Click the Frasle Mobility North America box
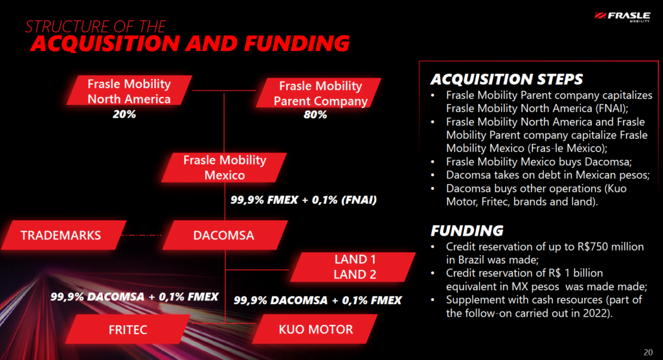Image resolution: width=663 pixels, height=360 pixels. [129, 90]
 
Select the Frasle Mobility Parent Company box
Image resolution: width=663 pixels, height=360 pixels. [319, 93]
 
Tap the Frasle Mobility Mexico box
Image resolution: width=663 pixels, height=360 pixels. [224, 168]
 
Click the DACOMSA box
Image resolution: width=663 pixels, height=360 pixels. [225, 235]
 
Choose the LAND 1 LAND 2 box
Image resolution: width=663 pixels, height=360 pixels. [353, 267]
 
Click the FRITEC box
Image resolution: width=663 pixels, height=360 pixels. [128, 329]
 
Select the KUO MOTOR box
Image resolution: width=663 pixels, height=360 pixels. [315, 329]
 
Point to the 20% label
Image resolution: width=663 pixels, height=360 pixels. [124, 114]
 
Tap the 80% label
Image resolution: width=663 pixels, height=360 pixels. [315, 115]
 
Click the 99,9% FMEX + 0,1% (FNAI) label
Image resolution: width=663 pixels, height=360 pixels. [303, 200]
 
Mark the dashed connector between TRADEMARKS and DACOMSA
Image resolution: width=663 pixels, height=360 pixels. [141, 235]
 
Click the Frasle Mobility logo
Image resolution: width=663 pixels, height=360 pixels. [622, 16]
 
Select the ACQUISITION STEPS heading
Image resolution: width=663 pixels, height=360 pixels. [506, 79]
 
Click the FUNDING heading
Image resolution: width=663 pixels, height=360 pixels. [467, 231]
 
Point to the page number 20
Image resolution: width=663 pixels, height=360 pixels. [647, 352]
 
